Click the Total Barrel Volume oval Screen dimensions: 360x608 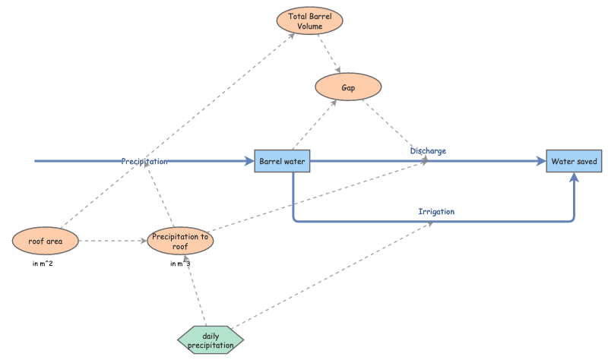(x=310, y=21)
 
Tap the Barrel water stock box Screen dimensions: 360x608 (x=282, y=162)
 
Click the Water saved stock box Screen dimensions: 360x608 (x=574, y=162)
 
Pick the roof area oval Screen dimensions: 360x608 (x=46, y=242)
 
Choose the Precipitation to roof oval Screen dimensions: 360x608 (x=180, y=242)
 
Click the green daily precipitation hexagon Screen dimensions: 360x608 (x=211, y=339)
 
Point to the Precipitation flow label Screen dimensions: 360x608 (x=144, y=161)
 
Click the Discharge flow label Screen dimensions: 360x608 (x=428, y=150)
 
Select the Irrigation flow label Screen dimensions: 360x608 (x=436, y=211)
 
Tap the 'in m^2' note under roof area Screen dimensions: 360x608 (x=46, y=264)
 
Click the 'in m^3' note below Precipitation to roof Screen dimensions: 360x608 (x=180, y=264)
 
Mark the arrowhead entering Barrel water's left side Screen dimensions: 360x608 (x=249, y=162)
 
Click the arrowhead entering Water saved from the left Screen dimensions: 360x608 (x=541, y=162)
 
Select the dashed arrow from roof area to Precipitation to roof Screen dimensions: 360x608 (x=114, y=242)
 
